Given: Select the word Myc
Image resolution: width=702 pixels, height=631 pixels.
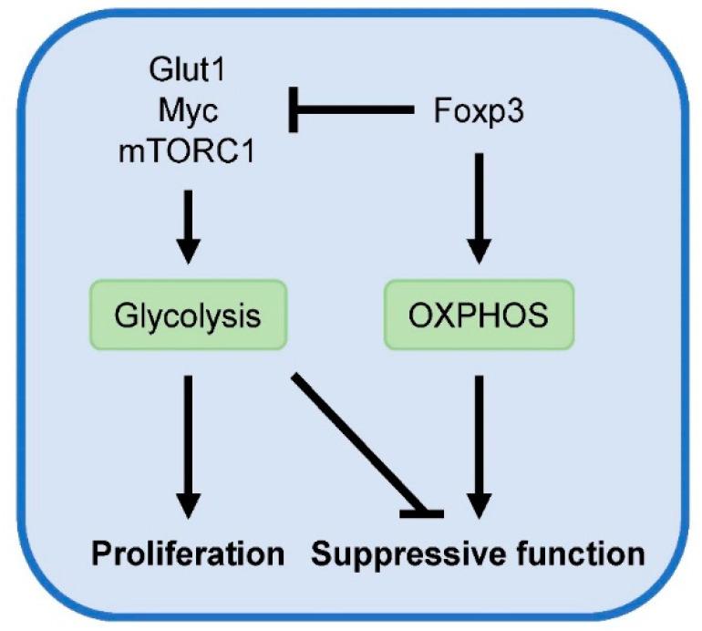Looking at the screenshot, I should coord(188,110).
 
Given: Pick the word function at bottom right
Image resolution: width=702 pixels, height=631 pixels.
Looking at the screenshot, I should coord(586,553).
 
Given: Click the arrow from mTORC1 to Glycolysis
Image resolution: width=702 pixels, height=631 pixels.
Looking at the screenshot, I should coord(188,219).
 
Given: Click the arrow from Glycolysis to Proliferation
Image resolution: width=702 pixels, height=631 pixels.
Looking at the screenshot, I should coord(188,438).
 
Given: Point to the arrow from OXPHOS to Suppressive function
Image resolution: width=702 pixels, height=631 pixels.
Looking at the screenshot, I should coord(480,438).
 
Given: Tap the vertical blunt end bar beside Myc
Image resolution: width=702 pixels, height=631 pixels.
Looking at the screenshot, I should coord(294,110).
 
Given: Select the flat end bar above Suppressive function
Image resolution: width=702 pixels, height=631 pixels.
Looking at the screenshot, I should coord(421,515).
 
